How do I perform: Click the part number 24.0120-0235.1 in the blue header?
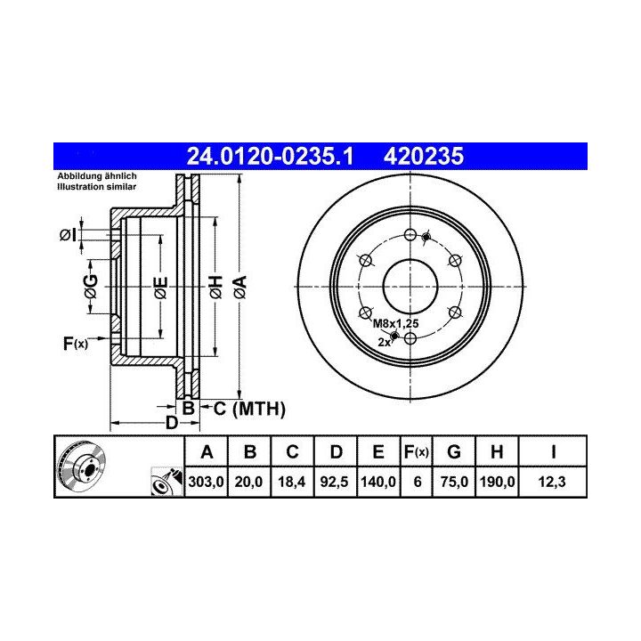[270, 156]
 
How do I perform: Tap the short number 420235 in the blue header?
[424, 156]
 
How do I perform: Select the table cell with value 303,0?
[206, 482]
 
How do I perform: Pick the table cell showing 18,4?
[292, 482]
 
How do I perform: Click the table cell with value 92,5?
[335, 482]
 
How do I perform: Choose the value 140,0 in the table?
[378, 482]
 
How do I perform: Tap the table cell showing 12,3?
[552, 482]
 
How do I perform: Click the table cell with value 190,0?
[497, 482]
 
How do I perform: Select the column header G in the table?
[454, 451]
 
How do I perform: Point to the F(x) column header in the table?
[416, 451]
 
